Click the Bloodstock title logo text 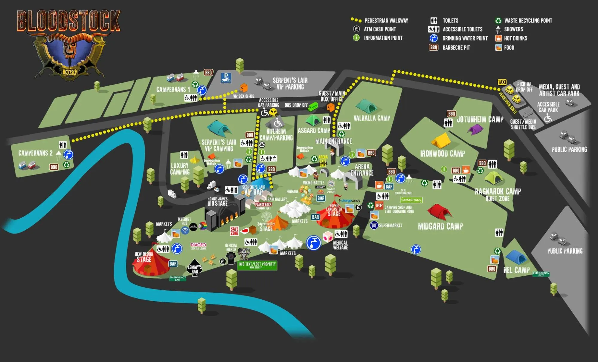69,21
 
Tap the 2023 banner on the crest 69,73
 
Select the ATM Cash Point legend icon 356,29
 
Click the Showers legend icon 498,29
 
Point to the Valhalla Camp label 372,118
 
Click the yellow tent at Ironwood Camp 441,141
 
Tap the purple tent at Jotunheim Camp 475,130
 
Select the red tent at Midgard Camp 439,211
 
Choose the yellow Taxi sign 502,82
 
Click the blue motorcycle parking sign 226,78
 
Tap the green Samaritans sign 411,200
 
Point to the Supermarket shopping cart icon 374,225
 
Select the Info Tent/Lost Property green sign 257,265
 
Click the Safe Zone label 234,231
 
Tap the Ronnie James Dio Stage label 217,202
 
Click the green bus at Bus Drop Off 313,106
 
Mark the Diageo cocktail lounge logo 198,246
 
